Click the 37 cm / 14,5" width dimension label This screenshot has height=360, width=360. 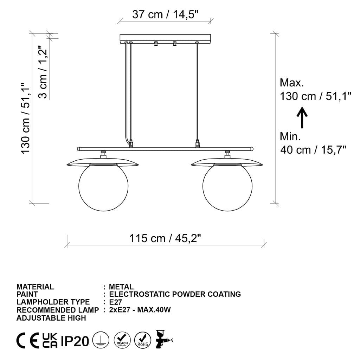pos(165,15)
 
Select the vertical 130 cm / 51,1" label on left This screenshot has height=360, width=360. pos(26,118)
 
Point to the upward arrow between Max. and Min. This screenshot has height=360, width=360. pos(302,117)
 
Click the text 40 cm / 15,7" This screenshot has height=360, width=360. pos(313,150)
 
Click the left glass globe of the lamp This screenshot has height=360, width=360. pos(103,188)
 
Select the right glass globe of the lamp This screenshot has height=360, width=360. pos(227,188)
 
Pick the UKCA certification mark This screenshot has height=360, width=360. pos(50,341)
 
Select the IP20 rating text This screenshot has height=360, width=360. pos(75,341)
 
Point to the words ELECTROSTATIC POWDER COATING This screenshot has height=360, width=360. pos(175,294)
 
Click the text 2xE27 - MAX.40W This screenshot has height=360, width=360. pos(140,310)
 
